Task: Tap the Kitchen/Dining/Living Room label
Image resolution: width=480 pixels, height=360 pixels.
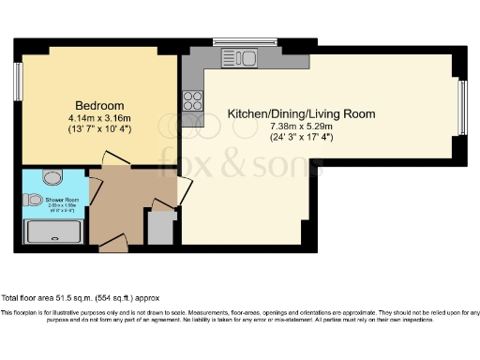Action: point(294,113)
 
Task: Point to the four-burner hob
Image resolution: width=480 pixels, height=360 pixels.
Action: point(193,100)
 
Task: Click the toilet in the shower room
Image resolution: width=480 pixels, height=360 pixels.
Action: point(52,175)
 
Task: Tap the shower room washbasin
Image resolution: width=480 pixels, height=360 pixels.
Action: point(33,200)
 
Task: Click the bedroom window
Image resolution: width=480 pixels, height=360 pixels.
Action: point(18,82)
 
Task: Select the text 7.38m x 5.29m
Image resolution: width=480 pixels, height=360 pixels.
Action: point(294,126)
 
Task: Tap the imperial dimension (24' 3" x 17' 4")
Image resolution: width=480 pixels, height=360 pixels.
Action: point(294,137)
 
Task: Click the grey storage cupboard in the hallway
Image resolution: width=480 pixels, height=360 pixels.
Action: point(161,228)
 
